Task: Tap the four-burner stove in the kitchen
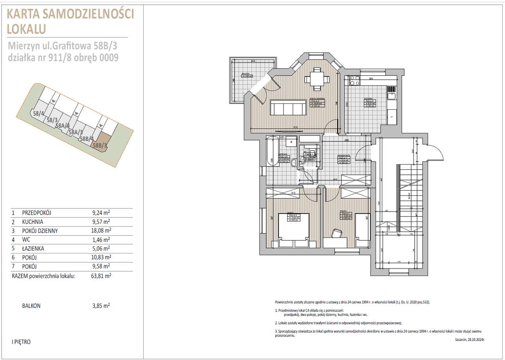tap(353, 81)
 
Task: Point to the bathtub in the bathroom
tap(272, 152)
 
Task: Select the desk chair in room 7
tap(337, 233)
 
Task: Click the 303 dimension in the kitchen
tap(370, 79)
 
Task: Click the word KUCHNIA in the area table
tap(33, 222)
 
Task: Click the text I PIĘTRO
tap(21, 342)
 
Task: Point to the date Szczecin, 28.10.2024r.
tap(469, 339)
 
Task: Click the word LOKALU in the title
tap(26, 29)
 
